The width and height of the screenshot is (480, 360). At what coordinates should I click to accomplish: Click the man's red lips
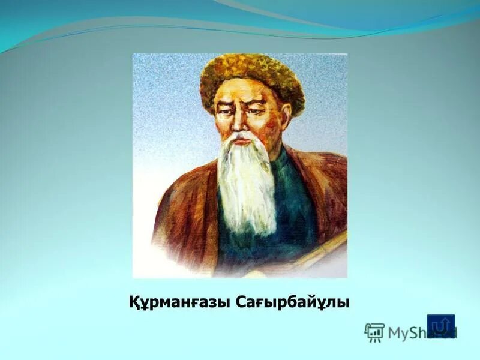tap(241, 139)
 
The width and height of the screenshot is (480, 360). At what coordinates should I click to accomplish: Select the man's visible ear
tap(286, 110)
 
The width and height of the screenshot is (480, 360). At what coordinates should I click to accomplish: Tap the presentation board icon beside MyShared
tap(374, 332)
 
